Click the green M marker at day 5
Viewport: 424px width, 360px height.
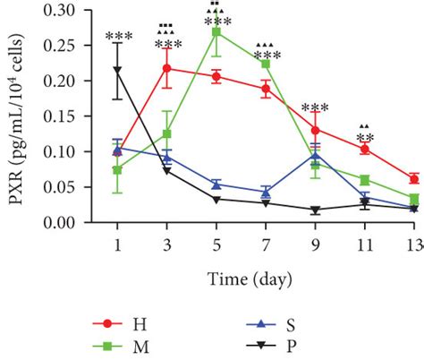coord(216,31)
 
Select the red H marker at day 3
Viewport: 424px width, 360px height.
coord(166,68)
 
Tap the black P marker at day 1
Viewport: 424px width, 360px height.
coord(117,69)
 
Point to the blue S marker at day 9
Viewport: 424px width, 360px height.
coord(315,155)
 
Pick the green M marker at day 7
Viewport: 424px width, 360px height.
coord(266,64)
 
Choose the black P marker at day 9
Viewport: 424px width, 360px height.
coord(315,210)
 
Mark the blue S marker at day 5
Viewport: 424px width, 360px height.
coord(216,184)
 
